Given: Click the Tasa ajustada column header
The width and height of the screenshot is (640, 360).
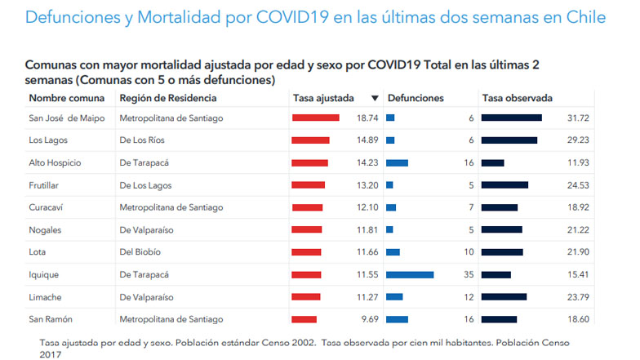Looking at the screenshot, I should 323,98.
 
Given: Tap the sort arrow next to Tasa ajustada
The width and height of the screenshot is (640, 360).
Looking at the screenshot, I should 375,98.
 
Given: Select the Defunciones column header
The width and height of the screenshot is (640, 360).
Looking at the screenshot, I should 416,98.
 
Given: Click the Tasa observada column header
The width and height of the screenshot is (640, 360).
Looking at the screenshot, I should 517,98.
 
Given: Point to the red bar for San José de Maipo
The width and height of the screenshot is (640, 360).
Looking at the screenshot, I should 315,118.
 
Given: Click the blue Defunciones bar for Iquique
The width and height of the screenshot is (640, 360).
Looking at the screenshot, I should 410,274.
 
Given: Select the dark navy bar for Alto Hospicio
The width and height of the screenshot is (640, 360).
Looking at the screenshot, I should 492,162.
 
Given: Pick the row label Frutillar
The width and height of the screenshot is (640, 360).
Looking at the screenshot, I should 45,185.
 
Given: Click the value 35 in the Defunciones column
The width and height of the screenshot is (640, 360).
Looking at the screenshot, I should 469,274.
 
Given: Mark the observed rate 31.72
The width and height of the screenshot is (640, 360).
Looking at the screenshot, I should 578,118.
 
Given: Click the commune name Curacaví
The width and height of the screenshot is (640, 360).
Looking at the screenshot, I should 46,207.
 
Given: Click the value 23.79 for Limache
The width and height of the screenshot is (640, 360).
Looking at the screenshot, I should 578,297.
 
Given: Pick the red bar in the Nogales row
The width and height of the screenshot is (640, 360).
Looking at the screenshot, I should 307,230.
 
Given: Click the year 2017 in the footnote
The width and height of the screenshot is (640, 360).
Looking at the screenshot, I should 50,353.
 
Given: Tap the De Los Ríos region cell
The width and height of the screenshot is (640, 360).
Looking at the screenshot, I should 144,140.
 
